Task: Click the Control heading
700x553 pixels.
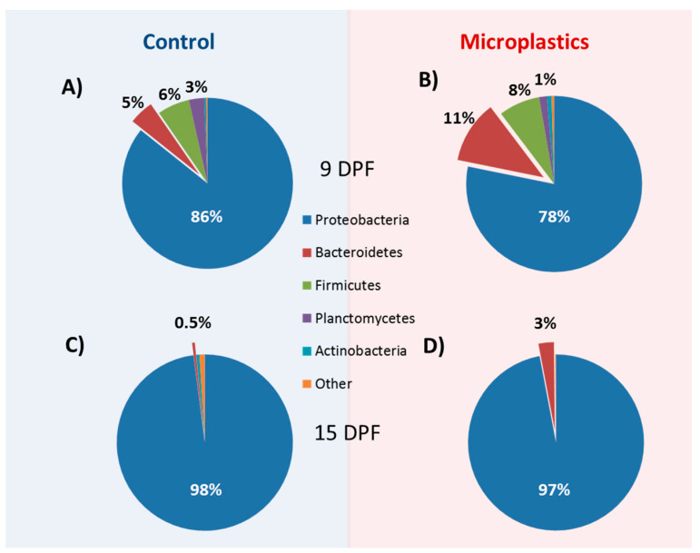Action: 178,42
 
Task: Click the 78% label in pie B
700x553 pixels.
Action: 554,216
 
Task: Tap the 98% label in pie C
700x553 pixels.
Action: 205,489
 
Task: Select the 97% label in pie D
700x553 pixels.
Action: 554,489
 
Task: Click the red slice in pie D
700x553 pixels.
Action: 547,351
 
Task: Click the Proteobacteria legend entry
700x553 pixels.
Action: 355,220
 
